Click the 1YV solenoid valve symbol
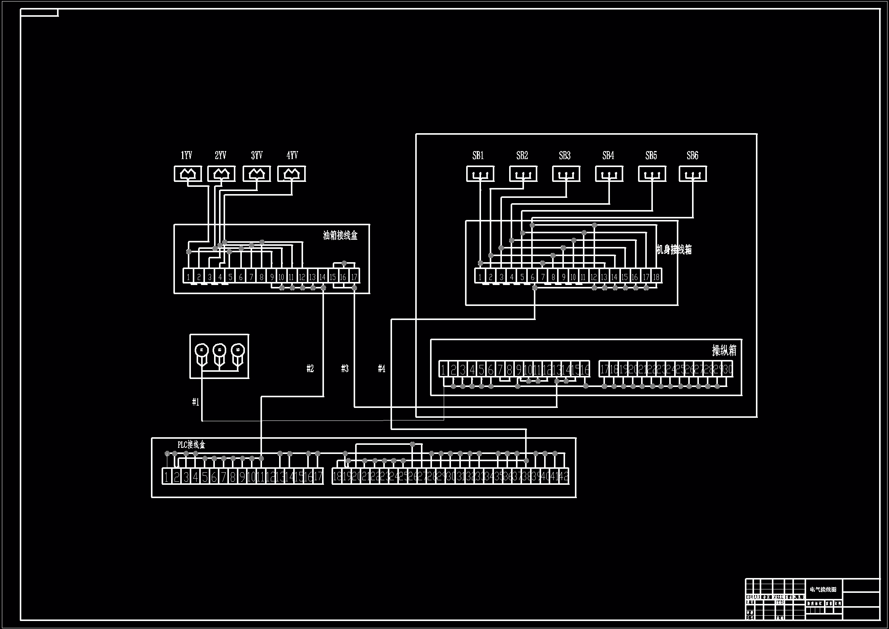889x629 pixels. (x=188, y=174)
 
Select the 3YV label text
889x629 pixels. (x=257, y=155)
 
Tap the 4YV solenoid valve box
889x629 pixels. (x=292, y=174)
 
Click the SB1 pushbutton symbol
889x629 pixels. (x=480, y=174)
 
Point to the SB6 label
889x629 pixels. (x=692, y=155)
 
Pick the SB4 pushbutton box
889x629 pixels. (x=609, y=174)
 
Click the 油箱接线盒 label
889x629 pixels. (x=340, y=235)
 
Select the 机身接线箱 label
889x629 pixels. (x=674, y=250)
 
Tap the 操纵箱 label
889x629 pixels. (x=724, y=350)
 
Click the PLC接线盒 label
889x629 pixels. (x=191, y=444)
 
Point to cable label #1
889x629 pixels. (x=196, y=402)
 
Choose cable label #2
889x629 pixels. (x=310, y=369)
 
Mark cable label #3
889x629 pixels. (x=345, y=369)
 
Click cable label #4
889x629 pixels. (x=382, y=369)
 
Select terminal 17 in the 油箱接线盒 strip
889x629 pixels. (x=354, y=277)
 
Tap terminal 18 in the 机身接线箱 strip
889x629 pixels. (x=656, y=277)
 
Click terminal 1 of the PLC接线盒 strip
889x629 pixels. (x=167, y=477)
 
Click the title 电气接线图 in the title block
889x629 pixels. (x=823, y=589)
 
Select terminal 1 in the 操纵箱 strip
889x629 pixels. (x=443, y=369)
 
